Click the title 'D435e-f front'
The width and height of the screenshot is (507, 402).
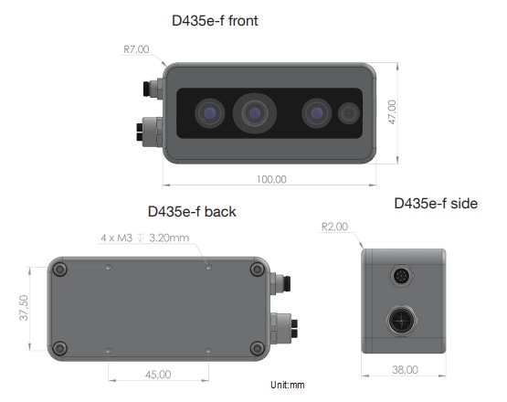click(215, 19)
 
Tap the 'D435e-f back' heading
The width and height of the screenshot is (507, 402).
click(192, 212)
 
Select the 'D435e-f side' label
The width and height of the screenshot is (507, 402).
click(435, 203)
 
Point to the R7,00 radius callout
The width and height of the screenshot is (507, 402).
click(137, 48)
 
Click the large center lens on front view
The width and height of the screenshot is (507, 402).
click(255, 114)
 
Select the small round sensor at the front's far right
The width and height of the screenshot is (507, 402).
click(349, 114)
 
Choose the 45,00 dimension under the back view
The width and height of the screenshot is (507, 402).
click(158, 374)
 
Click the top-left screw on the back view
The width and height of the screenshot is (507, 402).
click(61, 270)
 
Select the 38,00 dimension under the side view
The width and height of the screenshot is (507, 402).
click(404, 370)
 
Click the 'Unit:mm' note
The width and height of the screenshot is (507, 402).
click(288, 386)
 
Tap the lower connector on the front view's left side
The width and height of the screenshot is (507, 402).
click(149, 132)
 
